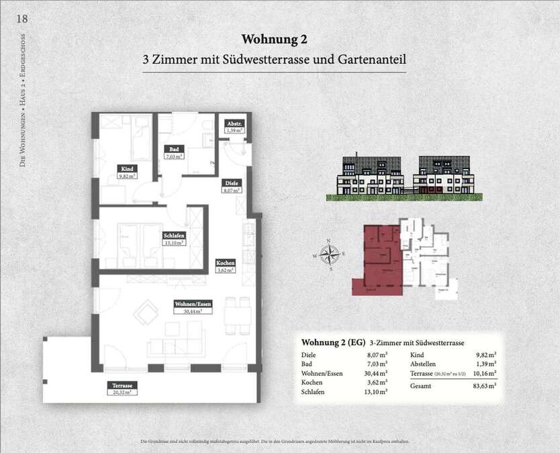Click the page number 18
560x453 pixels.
coord(22,18)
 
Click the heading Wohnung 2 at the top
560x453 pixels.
coord(274,39)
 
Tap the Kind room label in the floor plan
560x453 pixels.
coord(126,168)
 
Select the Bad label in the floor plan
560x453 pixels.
coord(173,149)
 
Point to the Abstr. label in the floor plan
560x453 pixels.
coord(234,124)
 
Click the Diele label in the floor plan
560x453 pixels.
coord(230,182)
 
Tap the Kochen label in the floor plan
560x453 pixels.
coord(225,262)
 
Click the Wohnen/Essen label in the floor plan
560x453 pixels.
coord(193,303)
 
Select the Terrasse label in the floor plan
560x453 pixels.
coord(122,385)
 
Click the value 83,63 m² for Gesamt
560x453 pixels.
coord(483,386)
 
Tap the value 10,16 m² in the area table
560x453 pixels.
coord(483,373)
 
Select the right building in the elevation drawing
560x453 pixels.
coord(445,176)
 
